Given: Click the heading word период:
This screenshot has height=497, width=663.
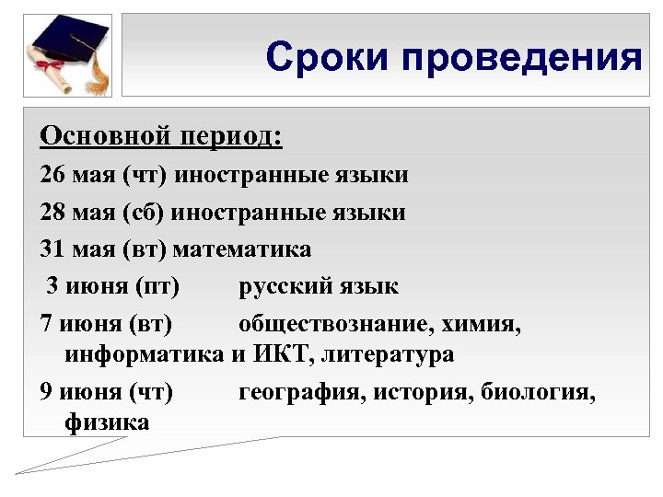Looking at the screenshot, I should tap(232, 136).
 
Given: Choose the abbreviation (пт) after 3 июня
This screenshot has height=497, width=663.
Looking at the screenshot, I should tap(156, 286).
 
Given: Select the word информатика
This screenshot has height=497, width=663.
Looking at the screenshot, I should tap(144, 353).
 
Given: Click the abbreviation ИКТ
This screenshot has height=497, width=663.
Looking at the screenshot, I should tap(279, 353).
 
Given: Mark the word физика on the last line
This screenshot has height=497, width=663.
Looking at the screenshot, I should tap(107, 422).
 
